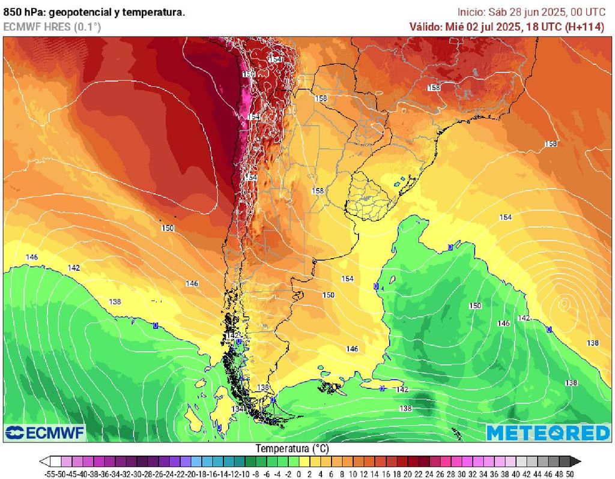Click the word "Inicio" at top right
pyautogui.click(x=471, y=12)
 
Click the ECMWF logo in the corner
pyautogui.click(x=46, y=432)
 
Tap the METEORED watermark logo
pyautogui.click(x=548, y=432)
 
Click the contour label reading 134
pyautogui.click(x=238, y=409)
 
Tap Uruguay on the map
pyautogui.click(x=369, y=193)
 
